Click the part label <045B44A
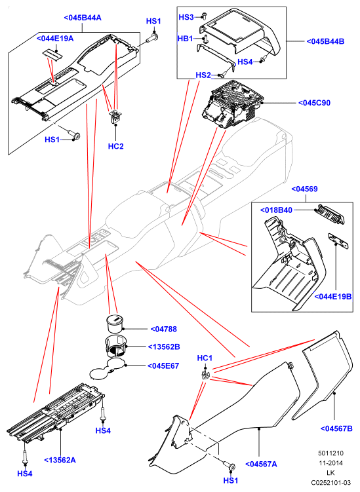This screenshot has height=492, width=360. [83, 18]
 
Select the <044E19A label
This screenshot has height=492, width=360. [55, 38]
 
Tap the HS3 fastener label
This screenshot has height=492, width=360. [186, 17]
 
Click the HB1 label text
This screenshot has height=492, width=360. [186, 39]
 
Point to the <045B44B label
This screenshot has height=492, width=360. [325, 41]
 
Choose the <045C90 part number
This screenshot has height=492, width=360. [314, 103]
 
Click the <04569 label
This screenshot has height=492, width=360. [304, 189]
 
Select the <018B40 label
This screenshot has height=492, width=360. [277, 210]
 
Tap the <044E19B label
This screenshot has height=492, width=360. [333, 296]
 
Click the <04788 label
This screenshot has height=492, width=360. [164, 329]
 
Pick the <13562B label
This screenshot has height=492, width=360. [164, 347]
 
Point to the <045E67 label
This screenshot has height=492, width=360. [163, 366]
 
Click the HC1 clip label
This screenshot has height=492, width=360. [205, 358]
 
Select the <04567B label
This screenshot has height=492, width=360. [336, 428]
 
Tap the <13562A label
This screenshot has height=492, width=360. [60, 460]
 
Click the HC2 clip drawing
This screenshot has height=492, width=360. [115, 117]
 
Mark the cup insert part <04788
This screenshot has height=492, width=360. [115, 324]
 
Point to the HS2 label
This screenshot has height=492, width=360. [203, 75]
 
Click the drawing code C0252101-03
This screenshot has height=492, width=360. [330, 482]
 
